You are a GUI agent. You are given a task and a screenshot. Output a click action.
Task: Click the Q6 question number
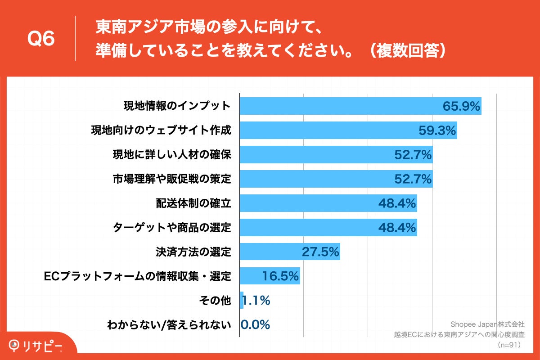click(x=41, y=39)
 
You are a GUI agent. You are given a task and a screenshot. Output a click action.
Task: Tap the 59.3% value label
click(x=437, y=130)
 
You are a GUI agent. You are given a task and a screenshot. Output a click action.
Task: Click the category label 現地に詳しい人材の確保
click(x=171, y=155)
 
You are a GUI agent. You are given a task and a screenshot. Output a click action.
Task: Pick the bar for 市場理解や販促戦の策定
click(x=315, y=179)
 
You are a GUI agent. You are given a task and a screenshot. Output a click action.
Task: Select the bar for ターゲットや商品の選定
click(x=306, y=228)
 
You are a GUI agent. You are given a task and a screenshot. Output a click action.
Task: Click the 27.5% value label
click(x=320, y=252)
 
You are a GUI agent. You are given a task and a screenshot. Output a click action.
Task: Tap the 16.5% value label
click(x=281, y=276)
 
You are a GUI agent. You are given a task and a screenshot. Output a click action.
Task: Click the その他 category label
click(x=215, y=301)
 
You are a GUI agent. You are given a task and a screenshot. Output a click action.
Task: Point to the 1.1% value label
click(x=256, y=301)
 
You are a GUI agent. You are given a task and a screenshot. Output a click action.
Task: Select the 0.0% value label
click(x=255, y=324)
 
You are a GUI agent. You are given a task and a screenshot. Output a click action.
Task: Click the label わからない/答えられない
click(x=169, y=324)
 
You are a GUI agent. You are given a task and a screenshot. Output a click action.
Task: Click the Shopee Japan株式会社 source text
click(x=488, y=324)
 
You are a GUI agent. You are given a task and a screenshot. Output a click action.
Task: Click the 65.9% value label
click(x=462, y=106)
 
